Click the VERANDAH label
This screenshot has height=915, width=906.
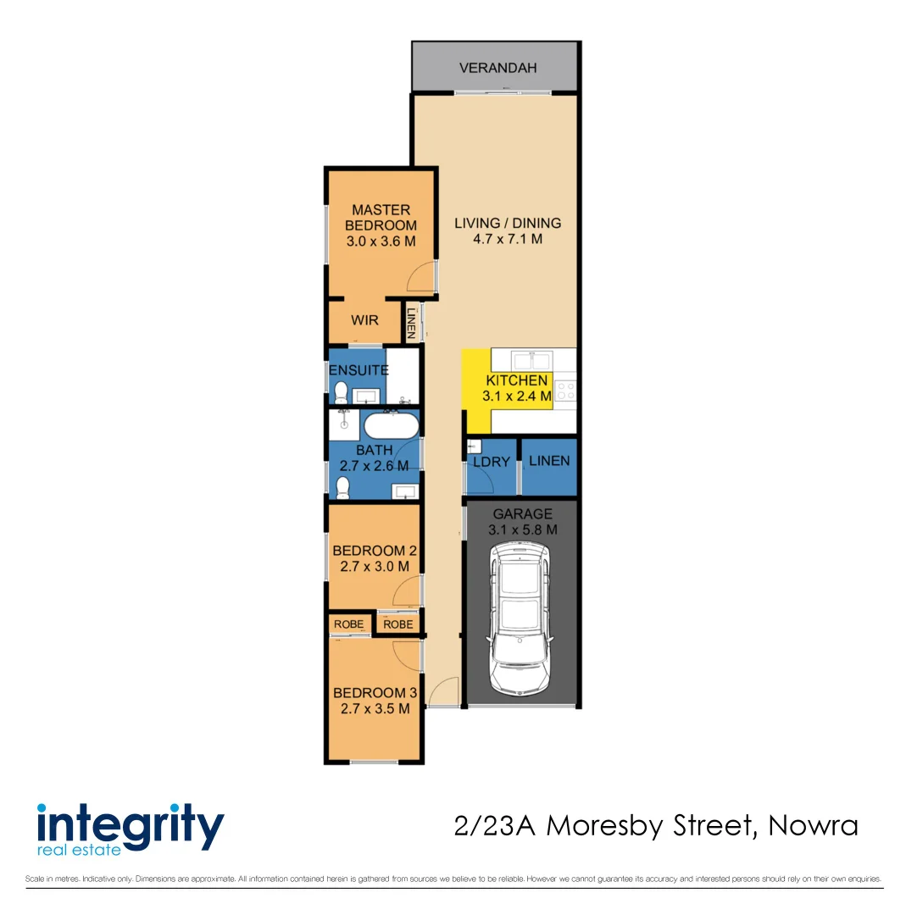pyautogui.click(x=497, y=68)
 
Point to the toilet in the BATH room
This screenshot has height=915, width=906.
pyautogui.click(x=343, y=487)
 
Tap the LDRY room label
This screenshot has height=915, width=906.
pyautogui.click(x=492, y=463)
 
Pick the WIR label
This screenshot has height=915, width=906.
pyautogui.click(x=364, y=321)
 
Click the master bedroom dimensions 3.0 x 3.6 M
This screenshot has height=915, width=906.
pyautogui.click(x=381, y=241)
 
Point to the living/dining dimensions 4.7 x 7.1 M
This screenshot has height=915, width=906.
pyautogui.click(x=508, y=240)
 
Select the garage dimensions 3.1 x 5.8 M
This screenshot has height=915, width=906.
pyautogui.click(x=523, y=530)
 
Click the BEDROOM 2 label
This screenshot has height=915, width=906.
pyautogui.click(x=375, y=550)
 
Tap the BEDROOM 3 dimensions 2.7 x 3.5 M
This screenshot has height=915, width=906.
pyautogui.click(x=375, y=708)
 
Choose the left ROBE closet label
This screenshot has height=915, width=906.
pyautogui.click(x=348, y=624)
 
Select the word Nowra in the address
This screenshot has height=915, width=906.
pyautogui.click(x=813, y=825)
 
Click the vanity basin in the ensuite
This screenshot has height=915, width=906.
pyautogui.click(x=367, y=396)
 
